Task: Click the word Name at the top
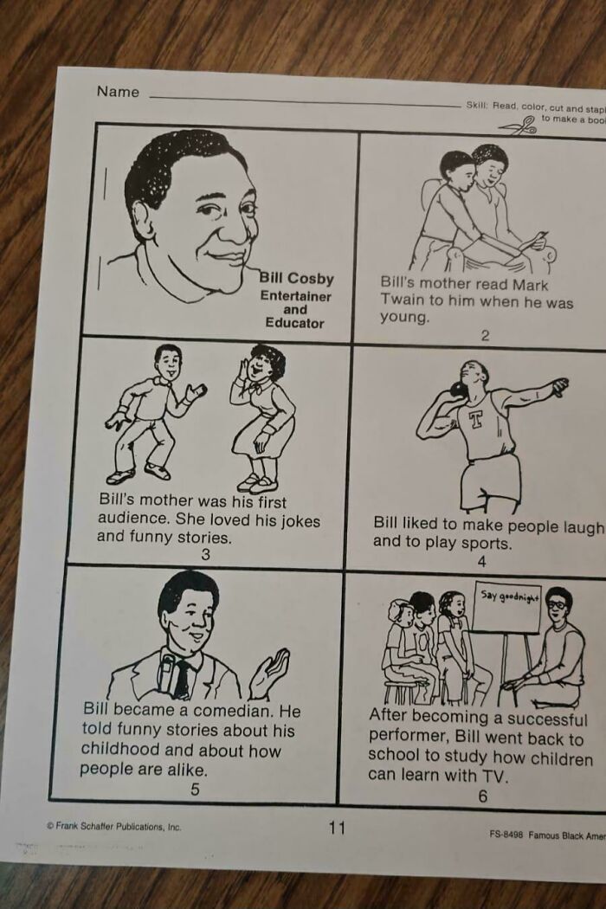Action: pos(118,92)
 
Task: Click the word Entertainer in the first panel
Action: pos(296,296)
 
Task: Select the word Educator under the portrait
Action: pos(294,323)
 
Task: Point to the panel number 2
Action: pos(485,336)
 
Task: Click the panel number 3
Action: pos(205,555)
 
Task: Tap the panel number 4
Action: pos(482,562)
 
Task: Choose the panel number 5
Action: pos(195,789)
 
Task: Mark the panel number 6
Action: pos(482,796)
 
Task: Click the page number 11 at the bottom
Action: pos(337,828)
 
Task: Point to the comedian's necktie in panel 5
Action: pos(181,679)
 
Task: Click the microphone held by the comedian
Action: pos(167,672)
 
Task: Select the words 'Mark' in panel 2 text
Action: pos(529,284)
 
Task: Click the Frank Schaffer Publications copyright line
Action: pos(113,826)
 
